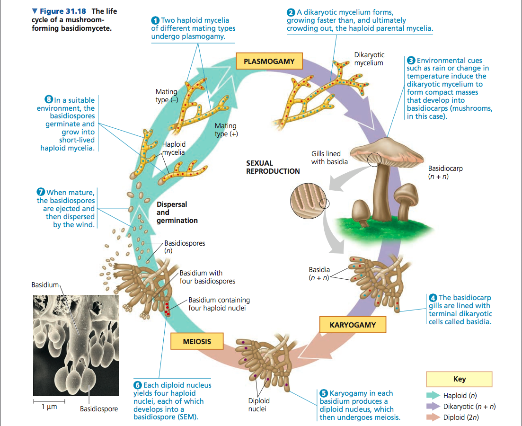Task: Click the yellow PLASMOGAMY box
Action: pyautogui.click(x=269, y=62)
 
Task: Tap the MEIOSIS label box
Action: pyautogui.click(x=197, y=341)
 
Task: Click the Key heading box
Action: pyautogui.click(x=459, y=379)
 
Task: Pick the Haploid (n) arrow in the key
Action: pyautogui.click(x=433, y=395)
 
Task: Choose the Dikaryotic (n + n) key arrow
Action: pyautogui.click(x=433, y=406)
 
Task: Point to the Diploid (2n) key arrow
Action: pyautogui.click(x=433, y=417)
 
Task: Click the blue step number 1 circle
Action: pyautogui.click(x=155, y=20)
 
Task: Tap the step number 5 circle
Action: pyautogui.click(x=324, y=393)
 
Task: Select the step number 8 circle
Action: pyautogui.click(x=48, y=100)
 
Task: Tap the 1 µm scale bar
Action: pyautogui.click(x=49, y=401)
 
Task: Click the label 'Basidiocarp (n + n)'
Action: pyautogui.click(x=445, y=173)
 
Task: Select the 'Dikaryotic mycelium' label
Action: pyautogui.click(x=369, y=59)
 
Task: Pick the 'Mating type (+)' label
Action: pyautogui.click(x=226, y=130)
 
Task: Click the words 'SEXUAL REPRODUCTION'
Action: pyautogui.click(x=273, y=167)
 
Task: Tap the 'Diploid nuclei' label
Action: pyautogui.click(x=259, y=405)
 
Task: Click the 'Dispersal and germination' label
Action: pyautogui.click(x=177, y=213)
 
